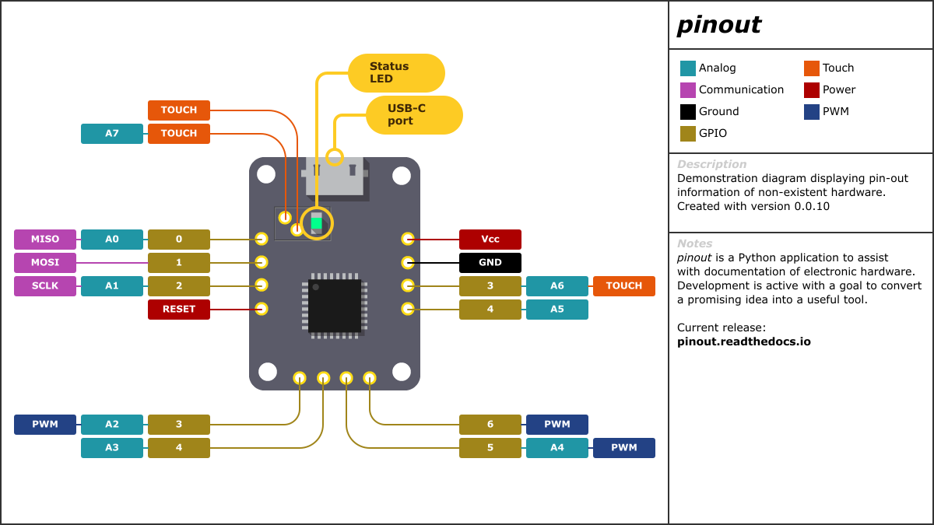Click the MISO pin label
45,240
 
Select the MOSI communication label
45,263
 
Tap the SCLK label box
45,286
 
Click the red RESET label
179,310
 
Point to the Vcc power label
490,240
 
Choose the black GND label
490,263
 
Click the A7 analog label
112,134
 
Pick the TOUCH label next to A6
624,286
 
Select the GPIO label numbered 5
490,448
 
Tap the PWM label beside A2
45,425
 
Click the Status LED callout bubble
396,73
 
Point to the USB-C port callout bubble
414,115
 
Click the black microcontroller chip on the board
335,306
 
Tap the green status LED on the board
316,222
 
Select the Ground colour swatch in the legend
688,112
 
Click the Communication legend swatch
688,90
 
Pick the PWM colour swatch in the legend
812,112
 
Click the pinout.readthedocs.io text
743,341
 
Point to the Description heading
711,165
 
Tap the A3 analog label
112,448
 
